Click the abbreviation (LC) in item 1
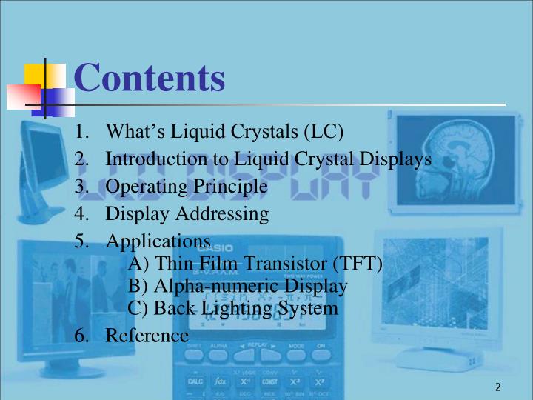tap(324, 133)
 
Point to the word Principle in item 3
tap(230, 187)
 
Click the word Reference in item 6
tap(147, 335)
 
